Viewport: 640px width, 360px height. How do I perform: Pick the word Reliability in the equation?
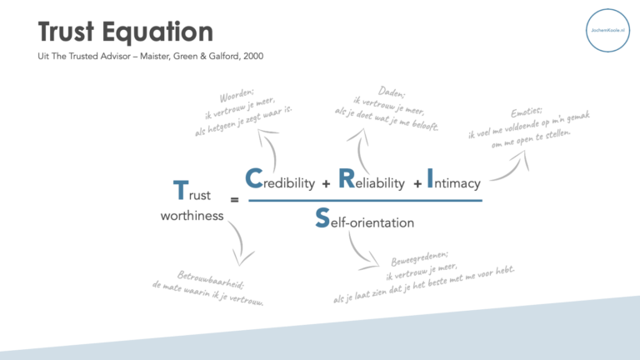372,181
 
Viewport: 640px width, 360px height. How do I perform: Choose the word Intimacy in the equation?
453,181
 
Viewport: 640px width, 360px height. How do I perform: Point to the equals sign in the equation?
234,200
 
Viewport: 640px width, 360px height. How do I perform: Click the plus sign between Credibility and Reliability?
326,183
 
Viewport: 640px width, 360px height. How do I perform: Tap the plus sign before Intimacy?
417,183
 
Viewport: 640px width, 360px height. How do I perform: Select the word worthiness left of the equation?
192,216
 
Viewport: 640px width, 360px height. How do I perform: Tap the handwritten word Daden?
392,92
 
